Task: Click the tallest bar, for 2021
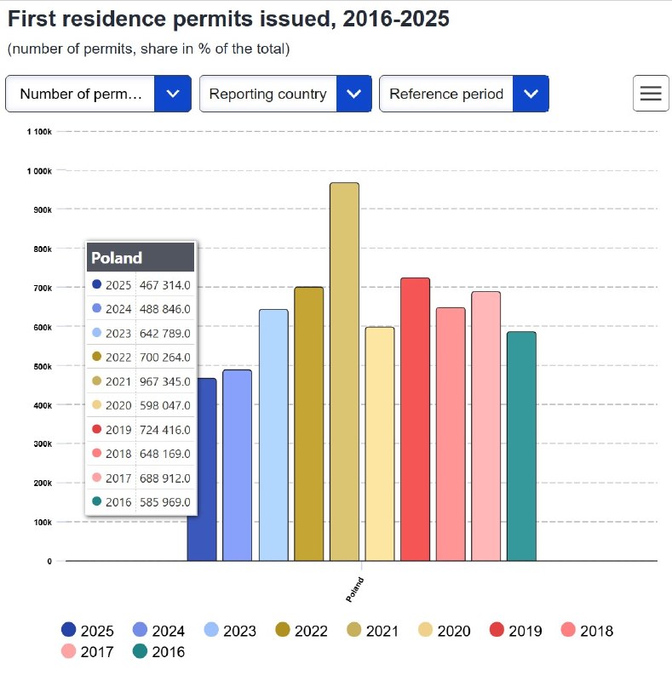pos(344,372)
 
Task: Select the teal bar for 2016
pos(521,446)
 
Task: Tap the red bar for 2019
pos(415,420)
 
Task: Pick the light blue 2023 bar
pos(273,435)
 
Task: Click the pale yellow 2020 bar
pos(380,444)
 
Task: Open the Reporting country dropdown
pos(285,94)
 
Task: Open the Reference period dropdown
pos(464,94)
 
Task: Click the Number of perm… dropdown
pos(98,94)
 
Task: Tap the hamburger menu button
pos(651,94)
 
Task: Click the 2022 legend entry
pos(302,631)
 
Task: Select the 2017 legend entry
pos(88,651)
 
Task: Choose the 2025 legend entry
pos(88,631)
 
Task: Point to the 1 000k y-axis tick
pos(39,171)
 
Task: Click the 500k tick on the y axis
pos(43,367)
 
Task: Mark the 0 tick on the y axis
pos(49,561)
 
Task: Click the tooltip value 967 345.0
pos(165,381)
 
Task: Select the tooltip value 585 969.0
pos(165,502)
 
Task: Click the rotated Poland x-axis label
pos(354,589)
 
